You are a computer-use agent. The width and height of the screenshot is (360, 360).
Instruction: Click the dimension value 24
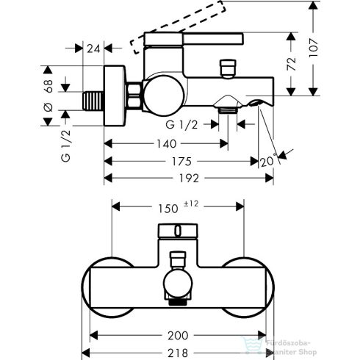coord(92,49)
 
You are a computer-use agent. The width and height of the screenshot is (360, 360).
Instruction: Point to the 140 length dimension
coord(165,145)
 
